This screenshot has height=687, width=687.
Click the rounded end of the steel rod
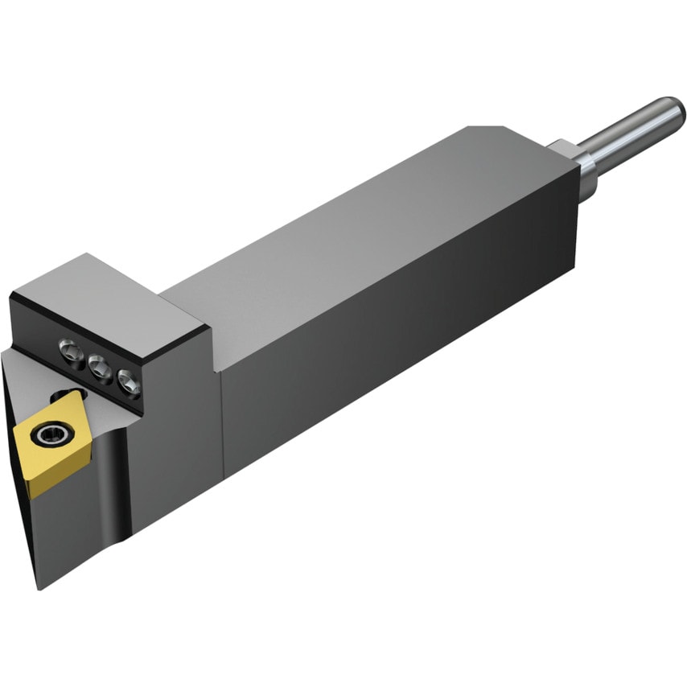[x=672, y=112]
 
